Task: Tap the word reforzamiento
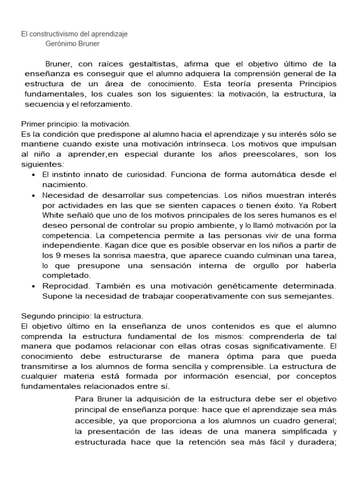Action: (x=107, y=105)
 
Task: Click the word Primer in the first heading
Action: (x=32, y=124)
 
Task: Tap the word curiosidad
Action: (x=146, y=175)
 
